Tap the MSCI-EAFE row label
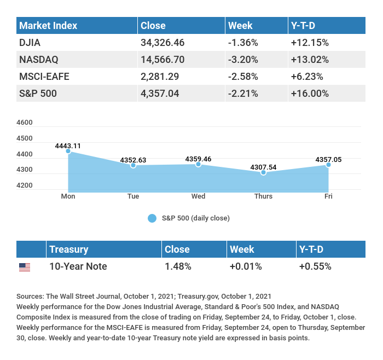44,76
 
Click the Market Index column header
48,26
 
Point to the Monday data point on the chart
68,150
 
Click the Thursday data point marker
263,172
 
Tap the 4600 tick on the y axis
25,123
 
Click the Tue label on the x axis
133,196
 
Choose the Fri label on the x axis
328,196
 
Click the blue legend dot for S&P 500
152,218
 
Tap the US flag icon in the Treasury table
25,267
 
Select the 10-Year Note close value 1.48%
178,266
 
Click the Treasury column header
68,249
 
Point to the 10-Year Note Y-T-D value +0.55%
315,266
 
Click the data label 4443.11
68,146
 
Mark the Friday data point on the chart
328,165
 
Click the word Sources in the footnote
30,296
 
